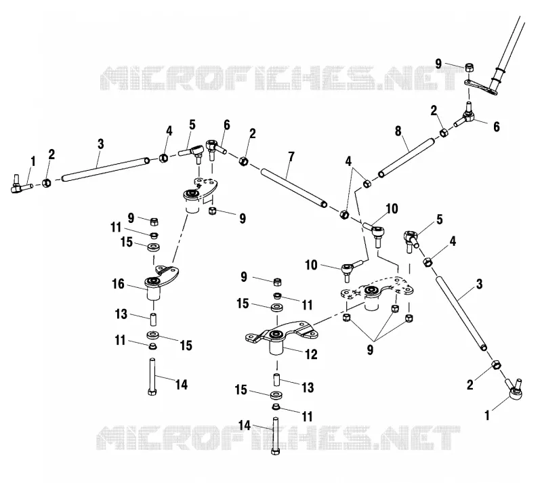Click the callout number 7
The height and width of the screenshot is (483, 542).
[x=291, y=157]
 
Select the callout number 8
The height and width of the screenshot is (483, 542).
[x=398, y=131]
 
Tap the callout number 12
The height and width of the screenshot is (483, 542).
[x=311, y=354]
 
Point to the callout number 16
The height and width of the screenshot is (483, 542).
[x=118, y=285]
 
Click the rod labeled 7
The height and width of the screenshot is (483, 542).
[x=294, y=188]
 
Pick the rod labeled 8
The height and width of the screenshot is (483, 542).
[x=406, y=158]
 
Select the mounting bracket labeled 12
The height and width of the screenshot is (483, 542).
[x=280, y=337]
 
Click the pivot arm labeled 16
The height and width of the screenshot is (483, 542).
[x=161, y=282]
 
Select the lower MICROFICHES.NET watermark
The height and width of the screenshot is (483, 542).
[x=278, y=438]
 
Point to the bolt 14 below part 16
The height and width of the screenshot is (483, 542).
[x=152, y=377]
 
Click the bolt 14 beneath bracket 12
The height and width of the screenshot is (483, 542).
[x=276, y=436]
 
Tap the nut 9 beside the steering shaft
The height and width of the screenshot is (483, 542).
[x=469, y=68]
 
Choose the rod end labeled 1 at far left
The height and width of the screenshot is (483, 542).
[x=22, y=184]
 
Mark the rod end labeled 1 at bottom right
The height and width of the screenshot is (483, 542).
[x=514, y=390]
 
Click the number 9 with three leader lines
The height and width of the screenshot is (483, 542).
[x=370, y=350]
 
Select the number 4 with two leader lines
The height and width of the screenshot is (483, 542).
[x=348, y=161]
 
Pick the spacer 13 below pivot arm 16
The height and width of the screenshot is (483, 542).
[x=153, y=319]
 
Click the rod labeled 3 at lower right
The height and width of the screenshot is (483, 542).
[x=461, y=313]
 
